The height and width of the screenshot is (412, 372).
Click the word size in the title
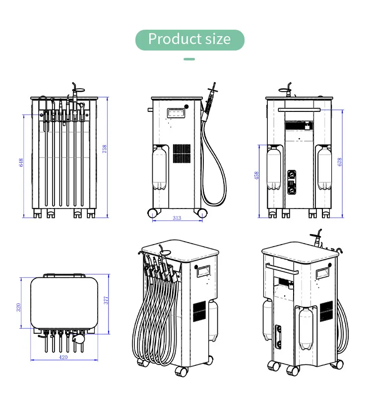(218, 39)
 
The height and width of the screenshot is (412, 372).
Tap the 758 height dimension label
(105, 149)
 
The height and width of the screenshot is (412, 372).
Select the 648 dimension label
(21, 162)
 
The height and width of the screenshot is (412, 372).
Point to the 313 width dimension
(177, 218)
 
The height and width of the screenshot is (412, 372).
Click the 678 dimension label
(340, 162)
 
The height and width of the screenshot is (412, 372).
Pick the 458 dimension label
(256, 175)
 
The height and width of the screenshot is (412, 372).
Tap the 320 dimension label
(18, 307)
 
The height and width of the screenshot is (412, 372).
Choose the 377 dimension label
(106, 300)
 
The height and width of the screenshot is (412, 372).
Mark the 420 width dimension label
(63, 357)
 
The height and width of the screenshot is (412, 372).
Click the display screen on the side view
(176, 113)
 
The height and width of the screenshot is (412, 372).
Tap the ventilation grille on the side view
(182, 154)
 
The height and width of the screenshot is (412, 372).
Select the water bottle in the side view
(159, 168)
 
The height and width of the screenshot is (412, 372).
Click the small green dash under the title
(189, 59)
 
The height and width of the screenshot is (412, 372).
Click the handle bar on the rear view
(299, 109)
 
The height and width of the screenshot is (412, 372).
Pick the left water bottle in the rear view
(273, 168)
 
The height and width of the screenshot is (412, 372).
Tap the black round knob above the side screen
(186, 106)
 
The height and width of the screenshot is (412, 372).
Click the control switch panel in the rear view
(292, 182)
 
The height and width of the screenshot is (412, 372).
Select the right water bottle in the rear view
(324, 168)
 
